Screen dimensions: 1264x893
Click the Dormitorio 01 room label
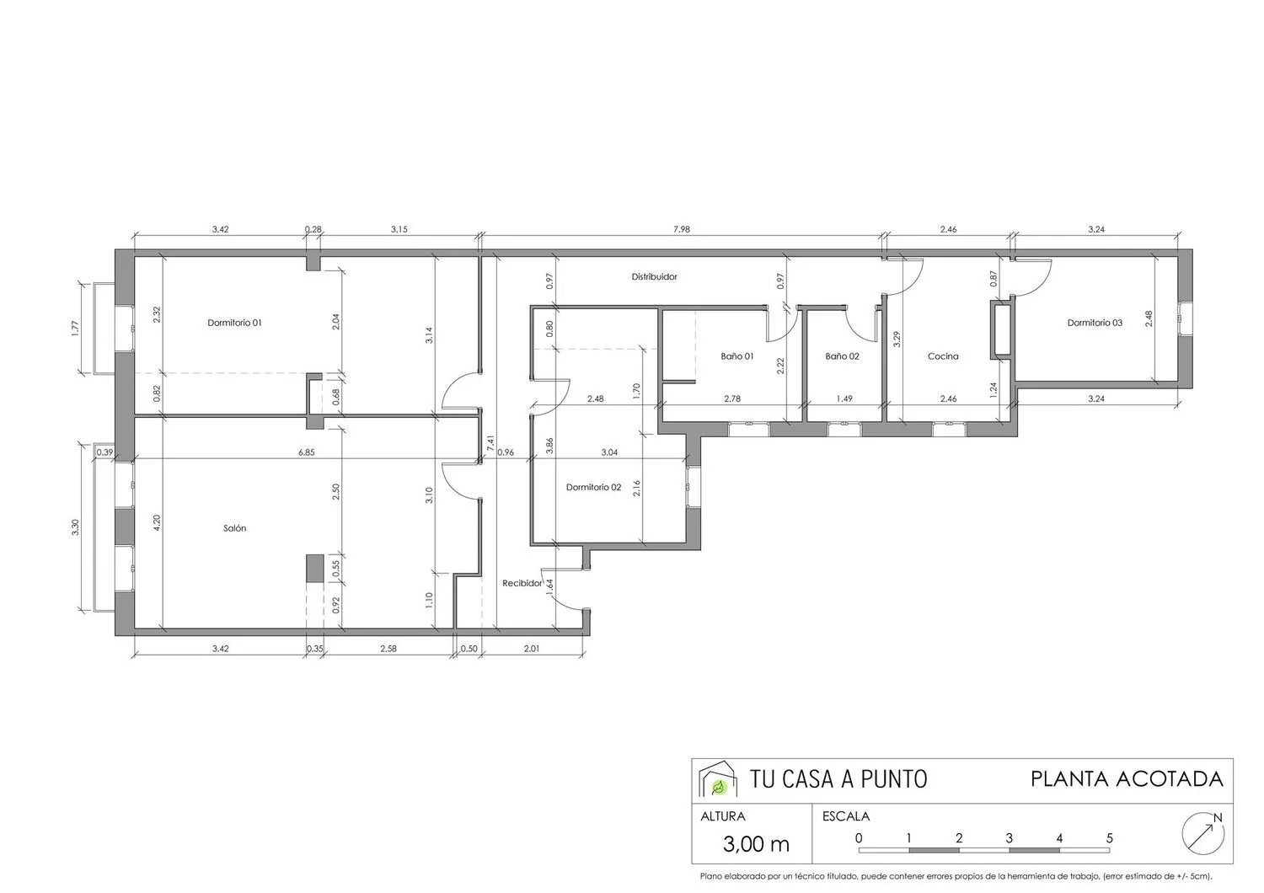234,324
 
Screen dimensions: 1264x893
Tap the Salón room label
235,528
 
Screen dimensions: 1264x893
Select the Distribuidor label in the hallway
654,277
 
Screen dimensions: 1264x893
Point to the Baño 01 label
737,356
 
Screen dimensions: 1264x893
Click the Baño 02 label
842,356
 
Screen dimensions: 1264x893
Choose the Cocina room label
943,356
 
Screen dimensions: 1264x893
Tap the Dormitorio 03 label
1095,324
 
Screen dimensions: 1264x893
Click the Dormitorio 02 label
593,488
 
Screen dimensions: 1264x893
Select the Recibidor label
522,583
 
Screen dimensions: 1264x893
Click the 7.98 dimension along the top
682,230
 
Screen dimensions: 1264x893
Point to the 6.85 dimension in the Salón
307,452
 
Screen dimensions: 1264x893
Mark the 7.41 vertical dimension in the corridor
490,443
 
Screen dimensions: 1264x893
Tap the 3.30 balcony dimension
75,527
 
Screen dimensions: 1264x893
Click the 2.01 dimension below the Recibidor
532,649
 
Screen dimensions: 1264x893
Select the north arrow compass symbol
1203,834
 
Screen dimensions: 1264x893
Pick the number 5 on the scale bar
1109,837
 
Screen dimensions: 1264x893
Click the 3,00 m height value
756,844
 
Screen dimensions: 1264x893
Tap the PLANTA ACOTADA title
1127,779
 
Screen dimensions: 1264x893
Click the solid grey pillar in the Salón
315,568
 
